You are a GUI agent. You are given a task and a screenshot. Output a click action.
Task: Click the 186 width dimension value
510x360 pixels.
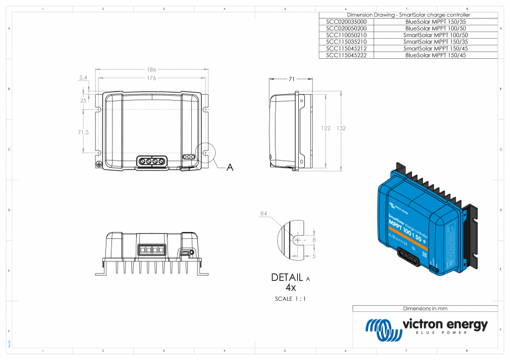click(x=151, y=70)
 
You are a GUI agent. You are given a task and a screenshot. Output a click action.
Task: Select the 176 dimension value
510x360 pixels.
click(x=151, y=78)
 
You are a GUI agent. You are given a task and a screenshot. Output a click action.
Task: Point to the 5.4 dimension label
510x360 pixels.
click(x=83, y=78)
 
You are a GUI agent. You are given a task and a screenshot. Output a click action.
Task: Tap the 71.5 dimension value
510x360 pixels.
click(x=83, y=132)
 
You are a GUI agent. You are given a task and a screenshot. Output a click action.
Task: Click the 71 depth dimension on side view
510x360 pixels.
click(x=291, y=79)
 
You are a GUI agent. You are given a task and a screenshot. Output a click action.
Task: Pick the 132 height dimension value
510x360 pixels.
click(x=341, y=128)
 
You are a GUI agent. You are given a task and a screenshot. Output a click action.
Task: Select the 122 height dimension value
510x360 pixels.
click(x=326, y=128)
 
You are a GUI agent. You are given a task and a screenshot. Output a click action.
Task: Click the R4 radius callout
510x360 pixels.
click(x=264, y=213)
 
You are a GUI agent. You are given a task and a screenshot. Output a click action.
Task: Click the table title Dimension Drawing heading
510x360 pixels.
click(x=408, y=14)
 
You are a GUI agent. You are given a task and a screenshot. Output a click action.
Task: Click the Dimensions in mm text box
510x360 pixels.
click(x=425, y=308)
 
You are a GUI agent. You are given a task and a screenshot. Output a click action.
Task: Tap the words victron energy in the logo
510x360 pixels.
click(x=445, y=324)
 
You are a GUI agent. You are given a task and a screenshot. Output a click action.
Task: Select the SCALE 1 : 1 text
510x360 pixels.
click(x=290, y=299)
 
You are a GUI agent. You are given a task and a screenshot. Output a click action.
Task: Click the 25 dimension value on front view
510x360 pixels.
click(x=83, y=100)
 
